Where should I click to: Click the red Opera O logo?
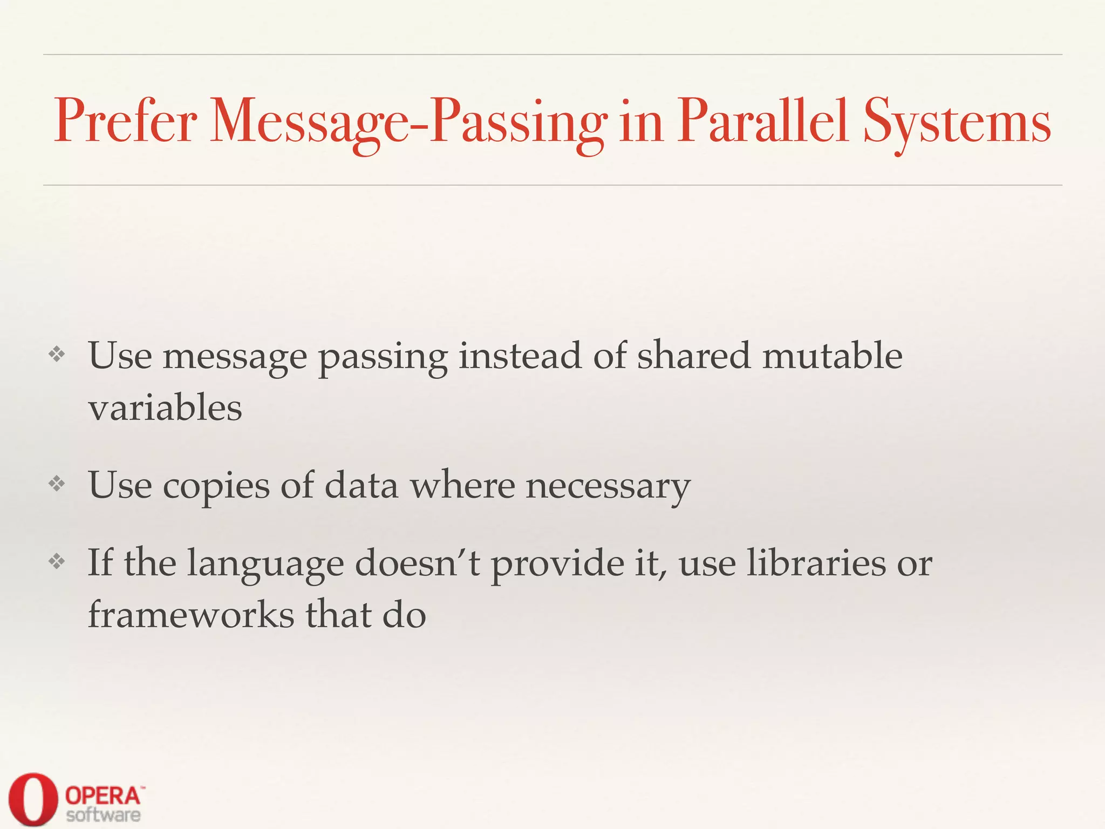(33, 798)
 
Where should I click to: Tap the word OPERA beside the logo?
(103, 795)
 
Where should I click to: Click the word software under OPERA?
(103, 814)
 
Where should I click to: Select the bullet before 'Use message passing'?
(57, 355)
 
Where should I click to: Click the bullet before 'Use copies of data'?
(57, 484)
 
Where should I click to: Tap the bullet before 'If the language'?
(57, 562)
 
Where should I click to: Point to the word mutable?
(832, 356)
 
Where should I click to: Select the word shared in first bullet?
(693, 356)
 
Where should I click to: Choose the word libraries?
(816, 563)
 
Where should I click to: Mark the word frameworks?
(191, 615)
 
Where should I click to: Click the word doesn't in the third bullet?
(417, 563)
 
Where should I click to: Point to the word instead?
(520, 356)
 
